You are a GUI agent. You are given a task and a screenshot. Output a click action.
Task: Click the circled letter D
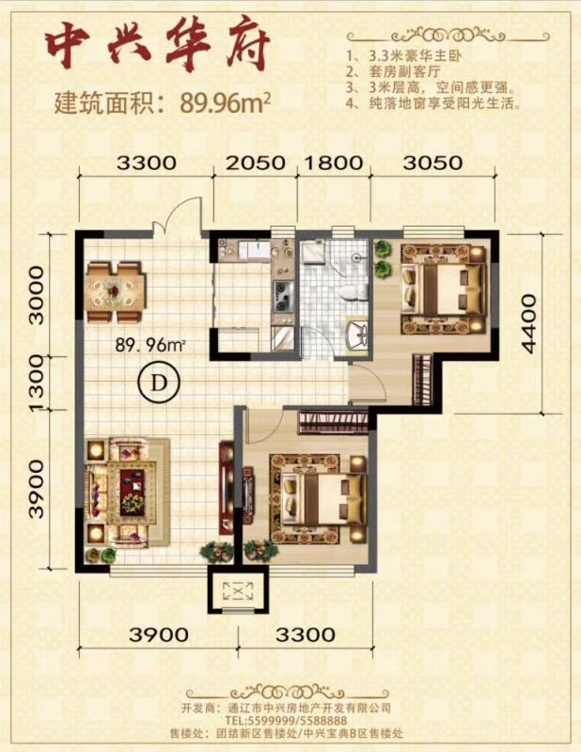coord(158,383)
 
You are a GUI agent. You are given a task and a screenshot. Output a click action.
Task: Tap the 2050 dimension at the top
coord(255,163)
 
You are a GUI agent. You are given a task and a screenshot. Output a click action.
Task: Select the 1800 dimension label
coord(334,163)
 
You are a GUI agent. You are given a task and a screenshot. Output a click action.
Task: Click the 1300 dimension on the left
coord(38,384)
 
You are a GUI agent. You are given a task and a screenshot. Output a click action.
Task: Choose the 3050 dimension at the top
coord(432,163)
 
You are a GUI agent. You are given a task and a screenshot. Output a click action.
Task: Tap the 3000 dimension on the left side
coord(37,295)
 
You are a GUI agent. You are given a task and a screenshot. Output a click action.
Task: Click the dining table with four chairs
coord(115,291)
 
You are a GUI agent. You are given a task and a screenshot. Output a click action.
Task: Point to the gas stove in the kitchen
coord(283,296)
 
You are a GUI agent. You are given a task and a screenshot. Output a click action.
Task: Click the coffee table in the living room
coord(132,493)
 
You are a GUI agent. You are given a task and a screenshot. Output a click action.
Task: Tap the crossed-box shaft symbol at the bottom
coord(239,590)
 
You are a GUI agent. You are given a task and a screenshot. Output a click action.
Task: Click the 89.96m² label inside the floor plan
coord(150,345)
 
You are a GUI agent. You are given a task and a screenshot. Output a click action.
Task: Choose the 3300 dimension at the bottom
coord(306,634)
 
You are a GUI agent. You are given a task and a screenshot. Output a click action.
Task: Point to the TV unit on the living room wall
coord(226,488)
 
